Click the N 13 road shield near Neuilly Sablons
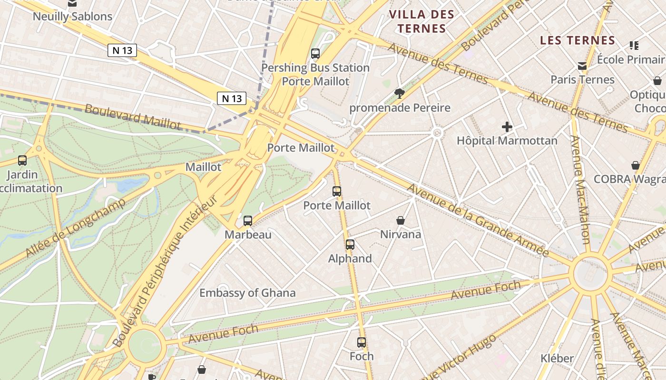(x=122, y=50)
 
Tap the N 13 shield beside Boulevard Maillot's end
(x=232, y=98)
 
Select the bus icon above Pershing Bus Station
(x=315, y=53)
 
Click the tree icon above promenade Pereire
(x=399, y=93)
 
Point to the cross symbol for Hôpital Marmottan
(x=507, y=127)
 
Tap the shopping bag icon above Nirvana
(x=401, y=220)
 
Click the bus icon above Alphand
(x=350, y=245)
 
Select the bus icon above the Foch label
(x=362, y=342)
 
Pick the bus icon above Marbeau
(x=248, y=220)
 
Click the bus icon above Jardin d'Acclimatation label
(x=22, y=161)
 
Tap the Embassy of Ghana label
(x=247, y=293)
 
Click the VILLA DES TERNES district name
(x=421, y=21)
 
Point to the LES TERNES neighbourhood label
(x=578, y=40)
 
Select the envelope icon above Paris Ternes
(x=582, y=66)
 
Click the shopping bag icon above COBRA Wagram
(x=636, y=165)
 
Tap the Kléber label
(x=557, y=358)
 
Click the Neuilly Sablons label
(x=72, y=16)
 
